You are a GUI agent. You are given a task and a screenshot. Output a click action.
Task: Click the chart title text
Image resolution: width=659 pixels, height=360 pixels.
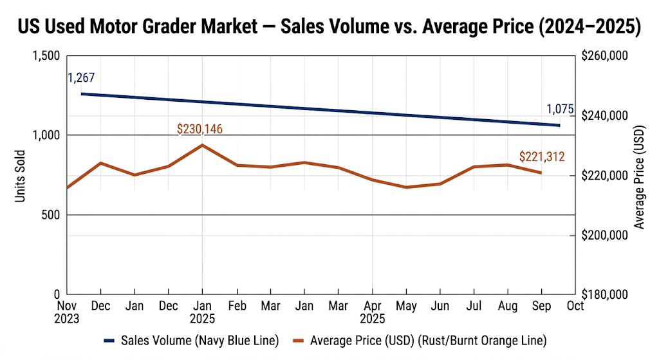coord(329,27)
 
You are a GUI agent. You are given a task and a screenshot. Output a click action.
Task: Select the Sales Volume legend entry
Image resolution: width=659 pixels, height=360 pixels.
coord(190,340)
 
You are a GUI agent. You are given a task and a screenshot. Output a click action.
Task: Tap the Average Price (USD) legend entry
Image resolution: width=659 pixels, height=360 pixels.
coord(418,340)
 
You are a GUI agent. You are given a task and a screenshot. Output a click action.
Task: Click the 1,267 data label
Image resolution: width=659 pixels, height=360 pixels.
coord(81,78)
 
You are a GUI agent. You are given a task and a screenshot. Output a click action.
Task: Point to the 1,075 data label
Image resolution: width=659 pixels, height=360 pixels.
coord(559,109)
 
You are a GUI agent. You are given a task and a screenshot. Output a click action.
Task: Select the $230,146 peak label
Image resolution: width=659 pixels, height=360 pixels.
coord(200,129)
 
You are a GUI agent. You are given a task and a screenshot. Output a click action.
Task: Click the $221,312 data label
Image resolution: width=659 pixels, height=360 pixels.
coord(542,156)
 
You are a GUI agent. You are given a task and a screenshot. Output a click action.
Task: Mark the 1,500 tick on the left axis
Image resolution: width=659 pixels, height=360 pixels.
coord(45,56)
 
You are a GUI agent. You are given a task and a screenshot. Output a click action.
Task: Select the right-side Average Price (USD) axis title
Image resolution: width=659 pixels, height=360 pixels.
coord(639,176)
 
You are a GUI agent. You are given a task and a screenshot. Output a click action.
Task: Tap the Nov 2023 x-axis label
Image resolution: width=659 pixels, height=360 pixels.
coord(67,312)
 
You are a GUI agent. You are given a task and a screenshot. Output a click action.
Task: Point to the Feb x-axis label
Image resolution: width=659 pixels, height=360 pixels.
coord(237,306)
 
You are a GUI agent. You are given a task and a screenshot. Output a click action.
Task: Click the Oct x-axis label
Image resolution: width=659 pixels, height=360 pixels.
coord(575,306)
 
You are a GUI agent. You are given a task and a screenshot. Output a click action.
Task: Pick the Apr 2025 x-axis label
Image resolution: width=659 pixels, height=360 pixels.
coord(371,312)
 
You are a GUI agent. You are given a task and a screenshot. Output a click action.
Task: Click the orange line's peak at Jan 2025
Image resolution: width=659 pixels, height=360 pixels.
coord(202,145)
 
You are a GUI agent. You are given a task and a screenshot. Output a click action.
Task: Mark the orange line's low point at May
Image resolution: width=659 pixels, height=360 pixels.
coord(405,187)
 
